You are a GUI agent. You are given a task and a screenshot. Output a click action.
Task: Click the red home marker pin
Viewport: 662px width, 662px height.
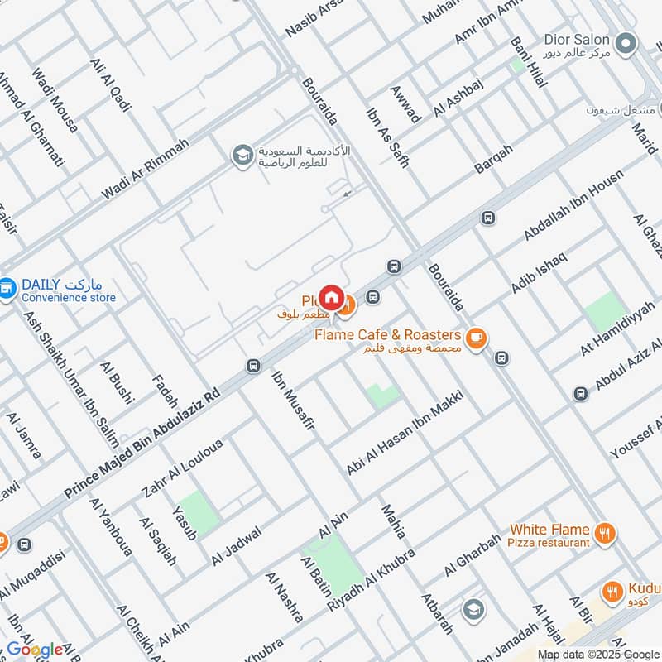click(331, 296)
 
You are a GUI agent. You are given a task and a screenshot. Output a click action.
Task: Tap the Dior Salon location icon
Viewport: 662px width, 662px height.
click(626, 41)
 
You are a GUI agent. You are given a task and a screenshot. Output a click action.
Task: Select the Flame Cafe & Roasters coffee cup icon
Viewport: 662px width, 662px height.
click(475, 338)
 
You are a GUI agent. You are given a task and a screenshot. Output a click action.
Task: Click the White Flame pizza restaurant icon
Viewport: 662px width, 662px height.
click(606, 534)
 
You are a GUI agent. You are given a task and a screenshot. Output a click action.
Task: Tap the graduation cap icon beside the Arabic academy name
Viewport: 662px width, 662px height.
click(242, 156)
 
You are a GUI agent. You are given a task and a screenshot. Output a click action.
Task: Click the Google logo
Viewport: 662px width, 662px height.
click(35, 650)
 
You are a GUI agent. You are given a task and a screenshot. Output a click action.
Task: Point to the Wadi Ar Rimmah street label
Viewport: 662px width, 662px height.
click(146, 168)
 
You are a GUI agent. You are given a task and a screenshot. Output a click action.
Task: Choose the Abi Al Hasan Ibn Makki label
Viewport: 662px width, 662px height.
click(406, 432)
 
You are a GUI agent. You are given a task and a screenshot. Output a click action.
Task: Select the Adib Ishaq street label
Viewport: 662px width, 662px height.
click(540, 271)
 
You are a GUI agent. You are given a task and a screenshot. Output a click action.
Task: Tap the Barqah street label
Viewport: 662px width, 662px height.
click(494, 159)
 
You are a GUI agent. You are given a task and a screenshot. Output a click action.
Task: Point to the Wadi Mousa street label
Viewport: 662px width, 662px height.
click(55, 101)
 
